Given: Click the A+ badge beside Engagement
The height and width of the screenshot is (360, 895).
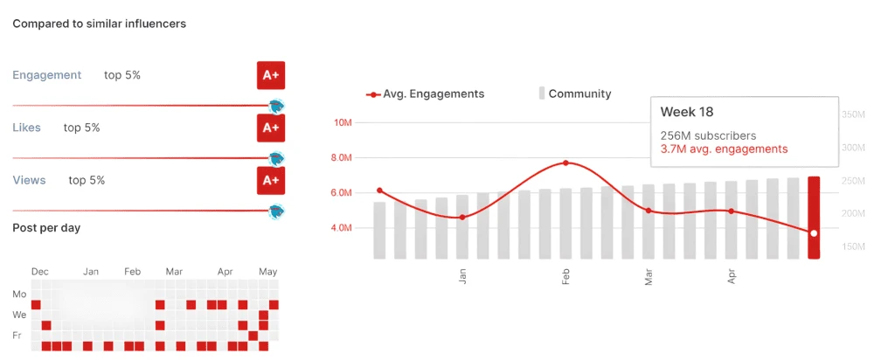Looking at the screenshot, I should coord(270,75).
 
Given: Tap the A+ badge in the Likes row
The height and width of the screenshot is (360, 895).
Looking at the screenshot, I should coord(270,128).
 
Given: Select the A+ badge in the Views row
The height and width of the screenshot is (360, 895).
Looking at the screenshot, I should coord(270,180).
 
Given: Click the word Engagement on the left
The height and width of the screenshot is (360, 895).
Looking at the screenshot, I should coord(47,75).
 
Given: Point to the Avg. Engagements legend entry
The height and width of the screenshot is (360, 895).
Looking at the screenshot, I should coord(426,93).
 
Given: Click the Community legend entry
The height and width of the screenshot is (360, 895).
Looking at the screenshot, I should coord(576,93).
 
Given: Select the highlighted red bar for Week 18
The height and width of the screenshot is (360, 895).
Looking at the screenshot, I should coord(814,218).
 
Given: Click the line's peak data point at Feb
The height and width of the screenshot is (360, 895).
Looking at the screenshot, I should coord(566,163).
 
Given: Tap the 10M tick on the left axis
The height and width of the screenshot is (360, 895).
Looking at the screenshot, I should coord(342,122).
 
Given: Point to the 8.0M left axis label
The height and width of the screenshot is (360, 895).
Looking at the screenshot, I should coord(342,158).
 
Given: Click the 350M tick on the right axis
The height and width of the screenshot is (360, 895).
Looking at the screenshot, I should coord(852,114).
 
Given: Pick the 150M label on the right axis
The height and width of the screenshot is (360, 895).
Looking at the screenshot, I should coord(852,247).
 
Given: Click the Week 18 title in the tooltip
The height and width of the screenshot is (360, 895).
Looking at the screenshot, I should coord(686,112).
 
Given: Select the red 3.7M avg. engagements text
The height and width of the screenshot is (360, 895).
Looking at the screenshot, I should coord(724,149).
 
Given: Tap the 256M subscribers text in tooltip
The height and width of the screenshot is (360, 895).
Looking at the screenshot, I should coord(708,135).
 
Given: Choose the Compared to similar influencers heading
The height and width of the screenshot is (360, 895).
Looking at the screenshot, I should coord(99,24).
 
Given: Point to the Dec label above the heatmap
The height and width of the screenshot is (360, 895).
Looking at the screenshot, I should coord(39,272).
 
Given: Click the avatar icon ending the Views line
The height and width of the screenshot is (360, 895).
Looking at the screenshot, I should coord(277,211).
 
